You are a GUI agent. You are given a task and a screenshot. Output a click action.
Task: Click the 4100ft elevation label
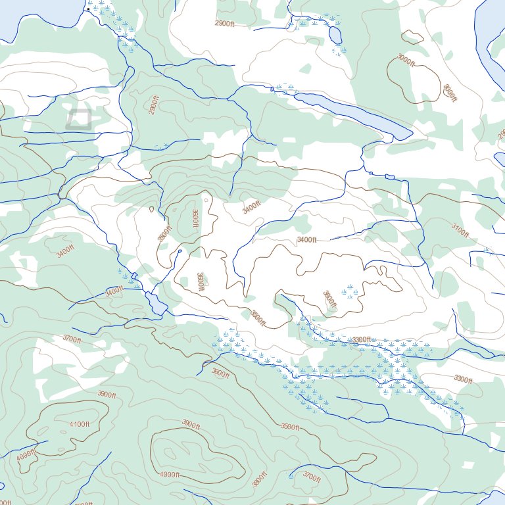coord(79,424)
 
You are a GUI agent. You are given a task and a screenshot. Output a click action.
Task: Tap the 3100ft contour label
coord(460,229)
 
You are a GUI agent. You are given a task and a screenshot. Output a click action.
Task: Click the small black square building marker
coord(89,9)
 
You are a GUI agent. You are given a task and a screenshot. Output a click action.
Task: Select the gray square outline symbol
coord(78,119)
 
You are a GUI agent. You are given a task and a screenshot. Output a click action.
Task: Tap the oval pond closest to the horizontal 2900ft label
coord(335,34)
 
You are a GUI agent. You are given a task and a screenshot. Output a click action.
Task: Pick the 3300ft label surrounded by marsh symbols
coord(362,340)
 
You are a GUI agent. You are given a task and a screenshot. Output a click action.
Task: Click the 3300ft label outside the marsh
coord(463,379)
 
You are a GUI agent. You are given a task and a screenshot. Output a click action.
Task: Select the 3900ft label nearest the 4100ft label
coord(107,395)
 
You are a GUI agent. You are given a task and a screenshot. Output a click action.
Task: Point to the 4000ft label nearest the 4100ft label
coord(26,455)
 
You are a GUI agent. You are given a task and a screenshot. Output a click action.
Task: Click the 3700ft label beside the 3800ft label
coord(312,477)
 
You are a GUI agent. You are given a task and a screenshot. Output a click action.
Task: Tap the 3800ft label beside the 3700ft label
coord(260,479)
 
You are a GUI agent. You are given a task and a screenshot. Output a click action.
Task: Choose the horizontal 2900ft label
coord(224,23)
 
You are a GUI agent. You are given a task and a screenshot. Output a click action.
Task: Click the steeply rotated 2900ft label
coord(154,105)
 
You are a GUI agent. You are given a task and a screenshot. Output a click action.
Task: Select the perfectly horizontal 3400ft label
coord(306,239)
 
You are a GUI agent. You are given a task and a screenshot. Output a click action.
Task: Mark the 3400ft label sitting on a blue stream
coord(114,290)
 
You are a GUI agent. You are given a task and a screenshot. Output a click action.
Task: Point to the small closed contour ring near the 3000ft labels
coord(412,37)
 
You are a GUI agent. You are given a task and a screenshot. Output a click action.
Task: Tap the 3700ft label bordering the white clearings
coord(72,339)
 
